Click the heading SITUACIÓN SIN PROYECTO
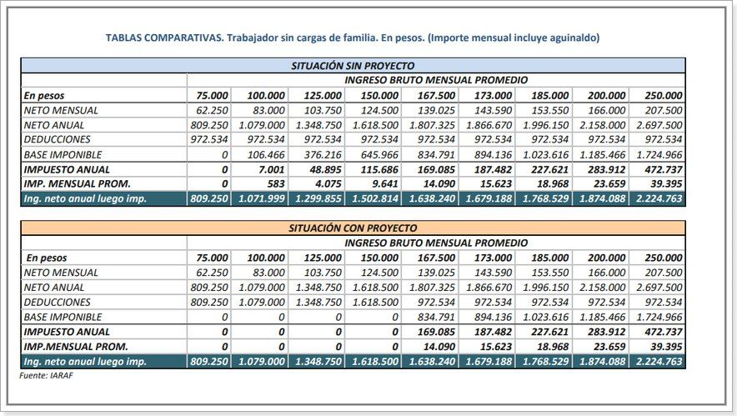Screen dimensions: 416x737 [x=353, y=65]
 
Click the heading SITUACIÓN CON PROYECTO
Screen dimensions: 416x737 [x=353, y=228]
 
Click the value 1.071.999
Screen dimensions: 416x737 [x=258, y=199]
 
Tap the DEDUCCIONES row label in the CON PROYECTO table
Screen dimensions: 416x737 [x=57, y=302]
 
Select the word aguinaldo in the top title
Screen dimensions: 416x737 [x=572, y=38]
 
